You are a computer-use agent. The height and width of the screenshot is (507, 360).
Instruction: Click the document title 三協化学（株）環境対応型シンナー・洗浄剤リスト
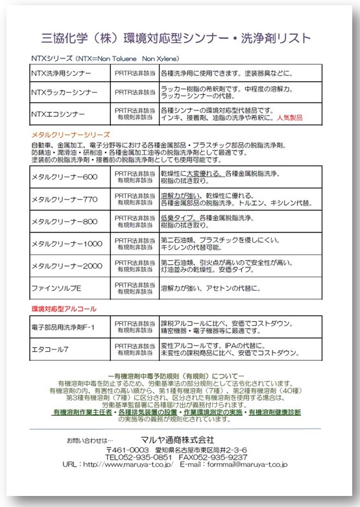pos(176,37)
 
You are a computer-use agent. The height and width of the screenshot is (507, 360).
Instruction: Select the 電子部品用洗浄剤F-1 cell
pos(63,327)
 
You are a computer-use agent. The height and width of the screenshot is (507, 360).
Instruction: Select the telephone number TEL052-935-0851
pos(139,456)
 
